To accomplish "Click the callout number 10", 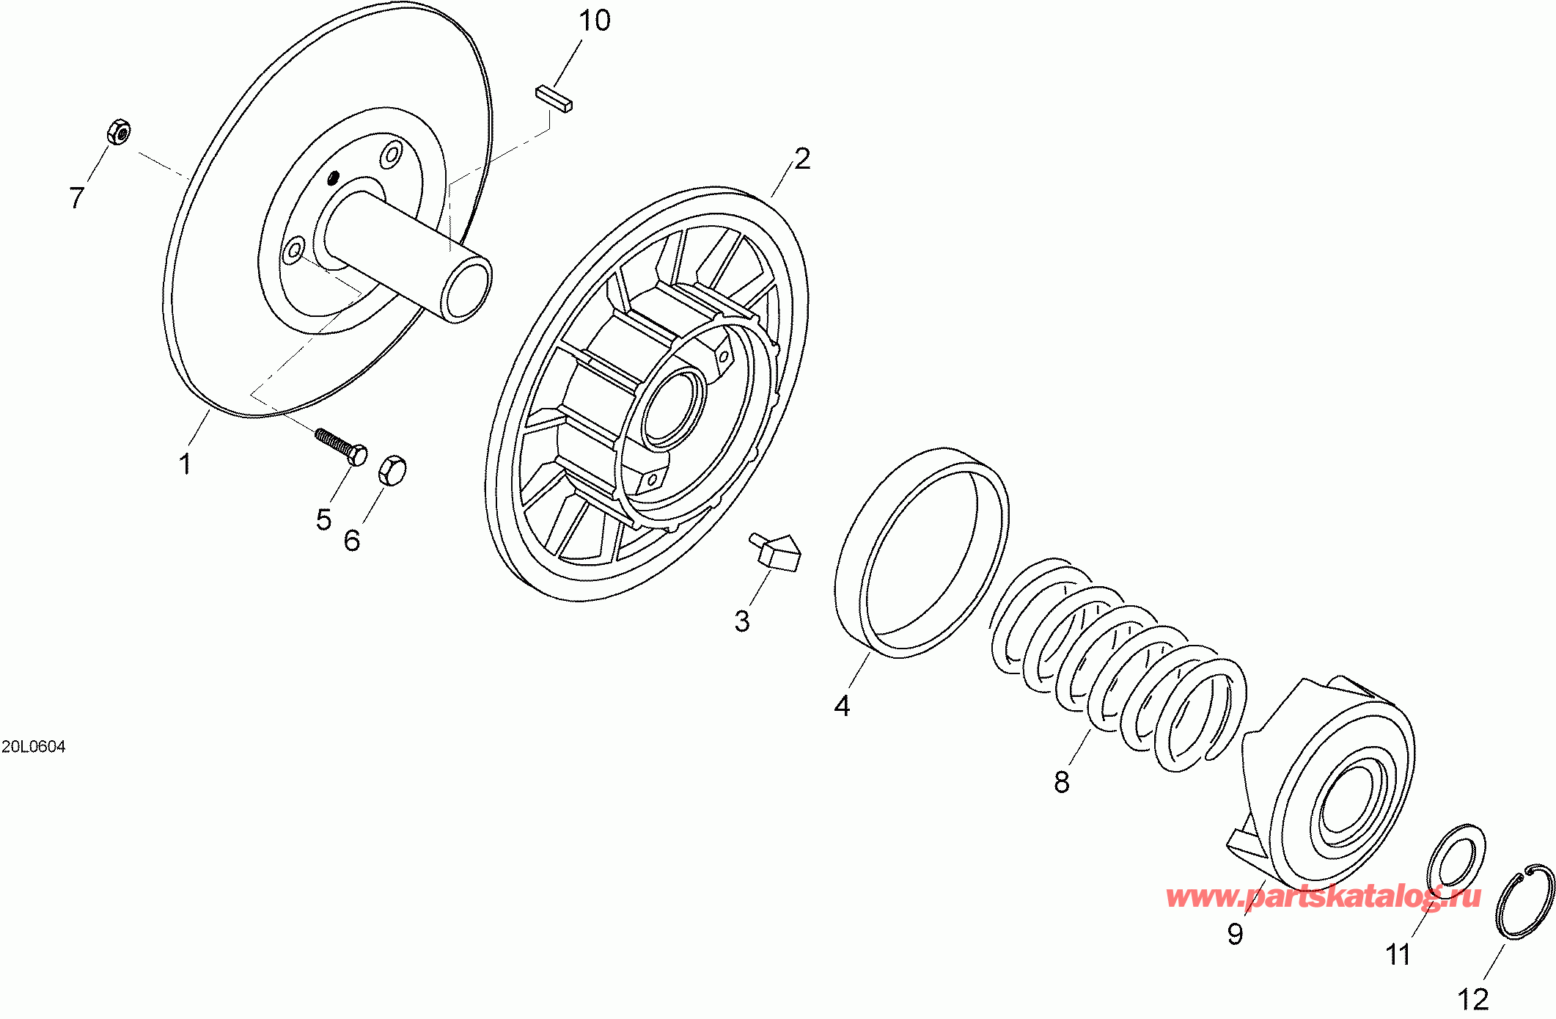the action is (x=594, y=21).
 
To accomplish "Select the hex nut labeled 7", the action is (x=119, y=132).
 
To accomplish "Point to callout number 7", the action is (x=77, y=197).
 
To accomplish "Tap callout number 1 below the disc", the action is (x=186, y=464).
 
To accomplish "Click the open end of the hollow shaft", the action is (x=466, y=291).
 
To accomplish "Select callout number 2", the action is (x=802, y=158).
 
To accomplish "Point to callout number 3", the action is (x=742, y=621).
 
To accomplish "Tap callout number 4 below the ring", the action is (x=842, y=706).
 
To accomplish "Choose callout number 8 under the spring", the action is (x=1062, y=783).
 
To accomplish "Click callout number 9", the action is (x=1236, y=934).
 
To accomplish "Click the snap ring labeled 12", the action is (x=1524, y=902).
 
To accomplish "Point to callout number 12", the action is (x=1473, y=999).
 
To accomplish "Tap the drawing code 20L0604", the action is (x=34, y=747).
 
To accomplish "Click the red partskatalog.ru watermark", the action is (x=1323, y=896).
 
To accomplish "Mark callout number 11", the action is (x=1398, y=954).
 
